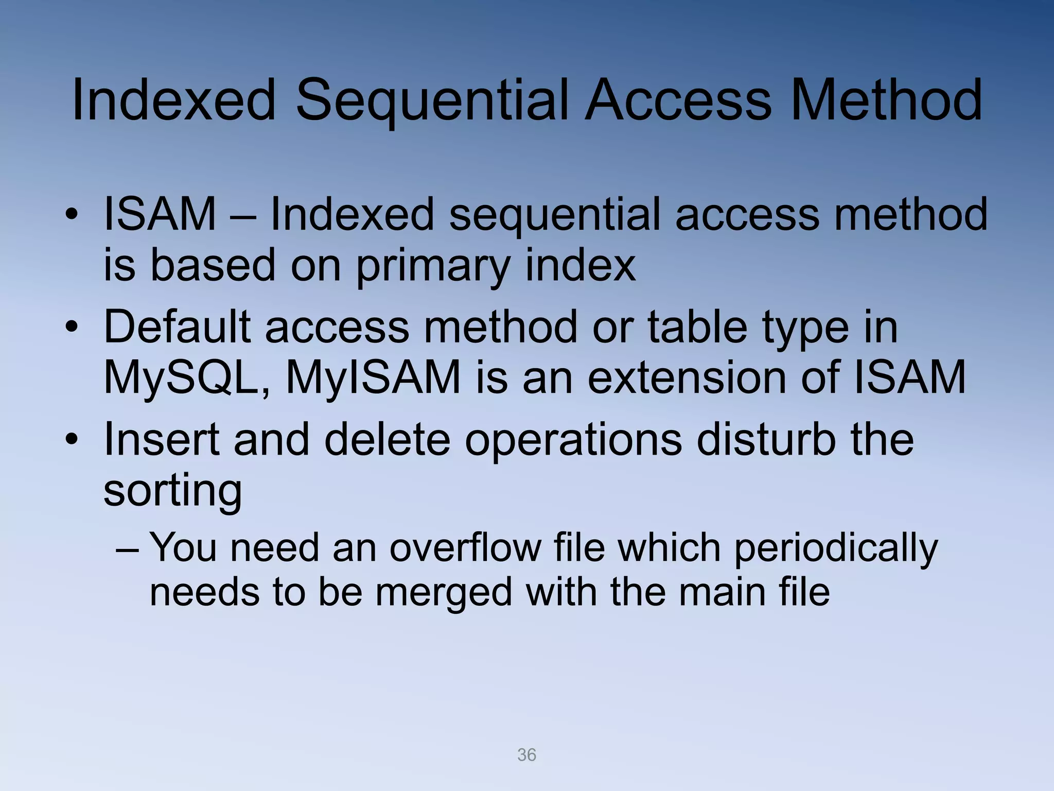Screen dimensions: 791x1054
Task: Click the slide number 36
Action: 526,755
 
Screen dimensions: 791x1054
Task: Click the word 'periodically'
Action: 835,548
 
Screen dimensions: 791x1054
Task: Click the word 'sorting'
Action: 173,491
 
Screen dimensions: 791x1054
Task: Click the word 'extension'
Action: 687,377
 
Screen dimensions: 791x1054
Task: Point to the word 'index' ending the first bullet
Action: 580,266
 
